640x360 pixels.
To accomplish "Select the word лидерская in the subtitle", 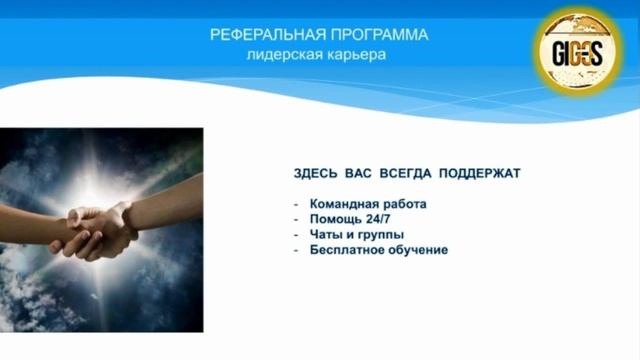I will click(x=282, y=55).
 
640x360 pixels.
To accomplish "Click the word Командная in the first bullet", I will click(x=344, y=204).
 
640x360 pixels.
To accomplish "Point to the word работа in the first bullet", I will click(x=405, y=204).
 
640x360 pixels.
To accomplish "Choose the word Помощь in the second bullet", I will click(x=336, y=219).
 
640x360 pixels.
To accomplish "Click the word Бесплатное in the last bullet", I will click(x=348, y=249).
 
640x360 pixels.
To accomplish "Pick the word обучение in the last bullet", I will click(x=419, y=249).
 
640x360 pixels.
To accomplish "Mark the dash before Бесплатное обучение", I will click(x=296, y=249).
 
